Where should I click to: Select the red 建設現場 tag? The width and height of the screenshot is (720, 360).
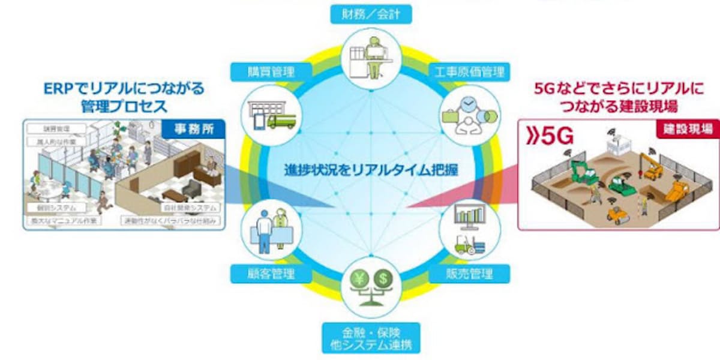click(x=692, y=127)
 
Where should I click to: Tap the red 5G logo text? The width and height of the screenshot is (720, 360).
click(x=550, y=136)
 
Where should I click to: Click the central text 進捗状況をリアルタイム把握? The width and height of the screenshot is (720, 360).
click(x=370, y=170)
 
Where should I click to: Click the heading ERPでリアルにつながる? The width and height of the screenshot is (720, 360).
click(x=124, y=89)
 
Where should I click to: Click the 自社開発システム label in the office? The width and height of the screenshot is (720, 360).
click(x=190, y=207)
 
